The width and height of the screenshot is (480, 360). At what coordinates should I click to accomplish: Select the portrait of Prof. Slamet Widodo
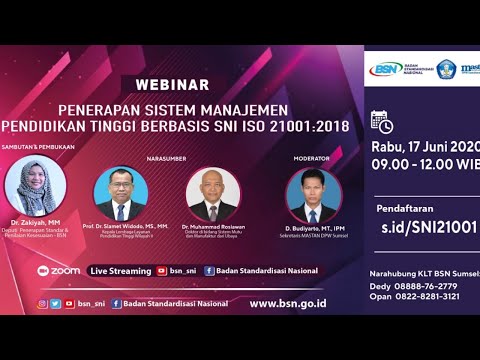pos(121,195)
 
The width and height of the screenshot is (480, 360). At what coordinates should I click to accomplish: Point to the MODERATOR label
pos(312,157)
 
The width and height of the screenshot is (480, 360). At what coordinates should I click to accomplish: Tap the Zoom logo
pos(59,270)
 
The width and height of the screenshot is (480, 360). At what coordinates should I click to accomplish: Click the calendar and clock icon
pos(381,121)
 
